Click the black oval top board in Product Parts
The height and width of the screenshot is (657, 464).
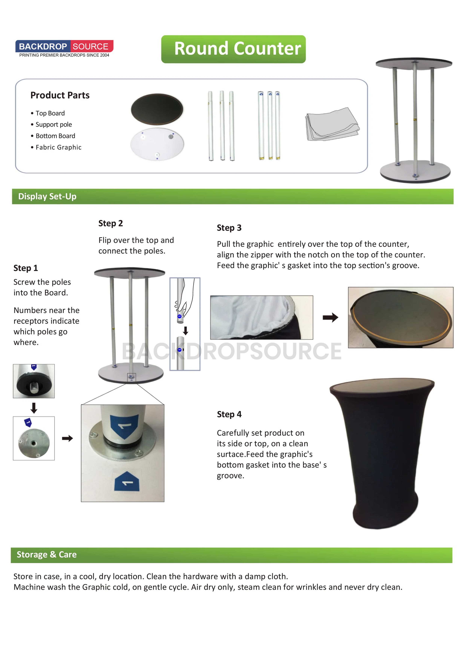coord(157,109)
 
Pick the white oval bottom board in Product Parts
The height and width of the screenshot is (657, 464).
coord(157,144)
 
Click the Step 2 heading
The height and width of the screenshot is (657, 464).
coord(110,223)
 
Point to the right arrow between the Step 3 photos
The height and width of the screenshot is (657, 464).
coord(330,317)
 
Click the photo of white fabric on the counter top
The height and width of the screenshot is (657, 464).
coord(261,317)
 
